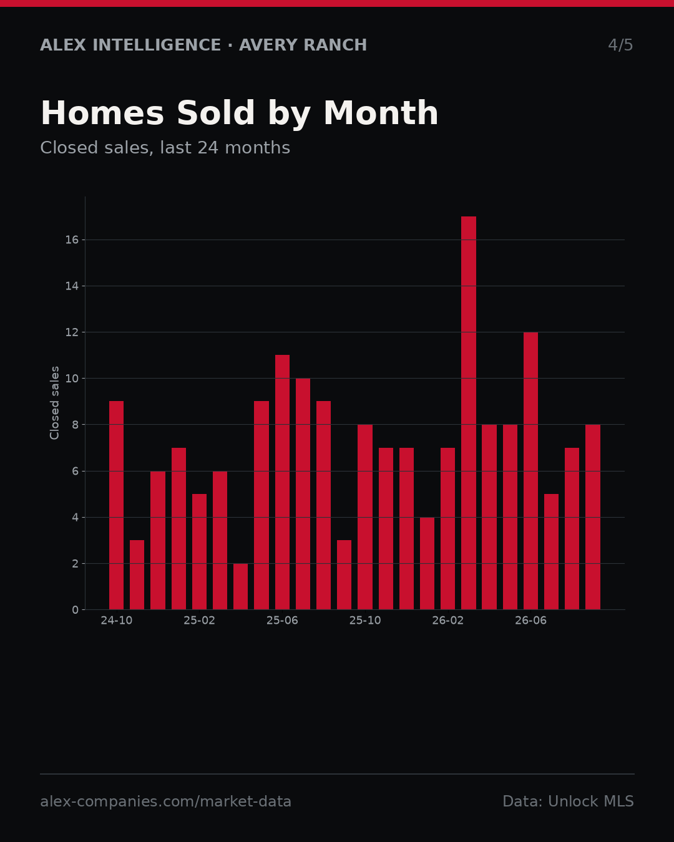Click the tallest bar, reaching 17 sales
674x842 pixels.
coord(469,413)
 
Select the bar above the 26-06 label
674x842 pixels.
coord(530,471)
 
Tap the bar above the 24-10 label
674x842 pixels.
coord(116,505)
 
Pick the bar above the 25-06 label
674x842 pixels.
coord(282,482)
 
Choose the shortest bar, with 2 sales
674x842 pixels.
coord(240,586)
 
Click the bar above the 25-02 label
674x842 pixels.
coord(199,552)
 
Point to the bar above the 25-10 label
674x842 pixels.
coord(365,517)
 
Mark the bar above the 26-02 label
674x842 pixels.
coord(447,529)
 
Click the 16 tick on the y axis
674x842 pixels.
coord(72,240)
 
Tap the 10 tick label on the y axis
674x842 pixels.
coord(72,379)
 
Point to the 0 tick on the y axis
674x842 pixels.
coord(75,609)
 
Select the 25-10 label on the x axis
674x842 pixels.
coord(365,621)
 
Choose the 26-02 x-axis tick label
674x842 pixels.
coord(447,621)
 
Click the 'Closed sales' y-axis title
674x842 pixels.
coord(54,403)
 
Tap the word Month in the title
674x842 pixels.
coord(381,113)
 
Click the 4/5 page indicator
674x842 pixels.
coord(620,45)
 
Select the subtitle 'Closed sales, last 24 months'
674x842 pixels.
coord(165,148)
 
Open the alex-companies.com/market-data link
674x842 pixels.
coord(165,801)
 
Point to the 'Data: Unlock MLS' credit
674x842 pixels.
coord(568,801)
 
